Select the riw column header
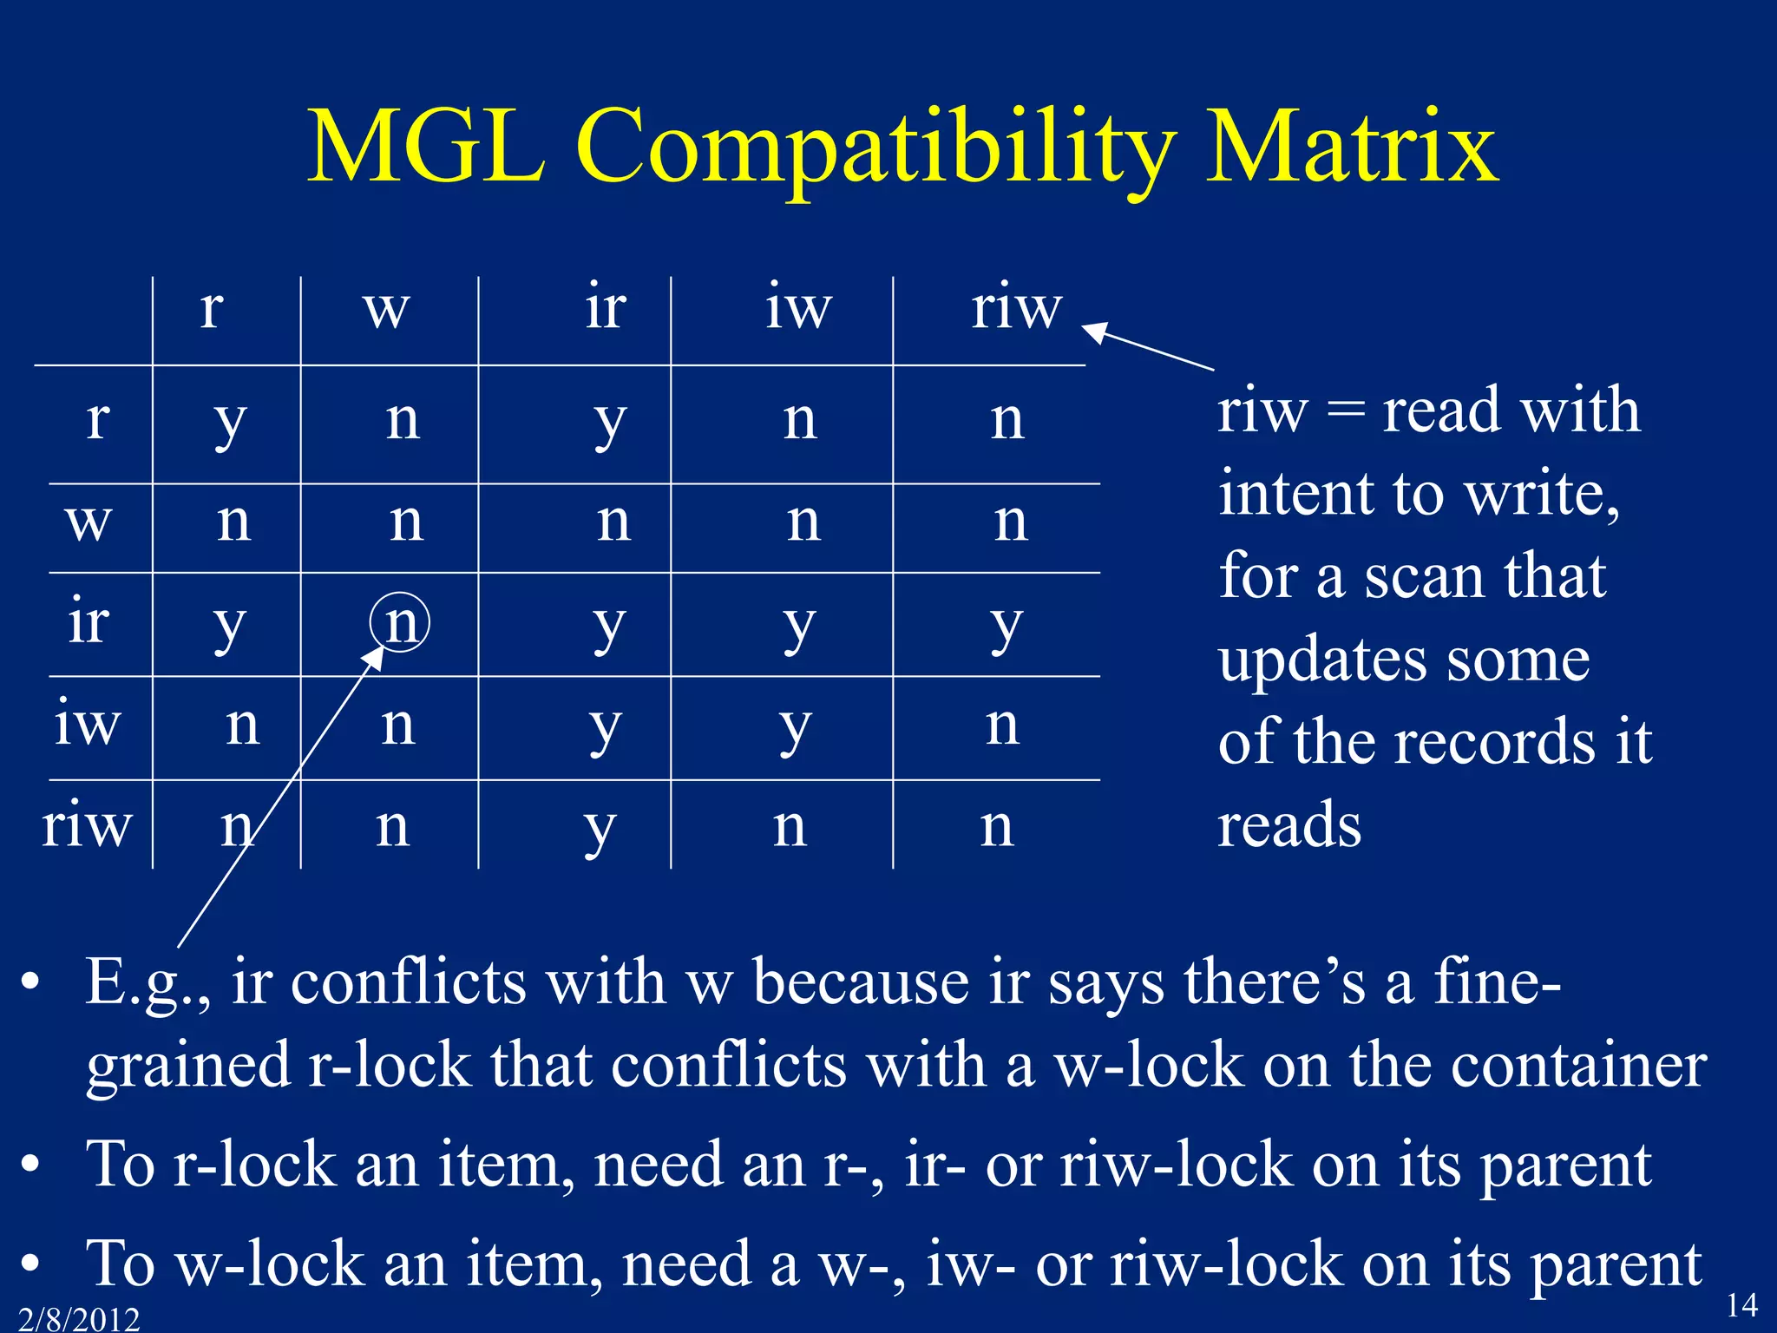click(1016, 308)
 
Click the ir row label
click(89, 622)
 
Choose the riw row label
click(87, 824)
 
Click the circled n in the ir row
click(400, 622)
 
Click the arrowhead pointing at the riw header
click(1095, 332)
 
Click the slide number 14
click(1741, 1304)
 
